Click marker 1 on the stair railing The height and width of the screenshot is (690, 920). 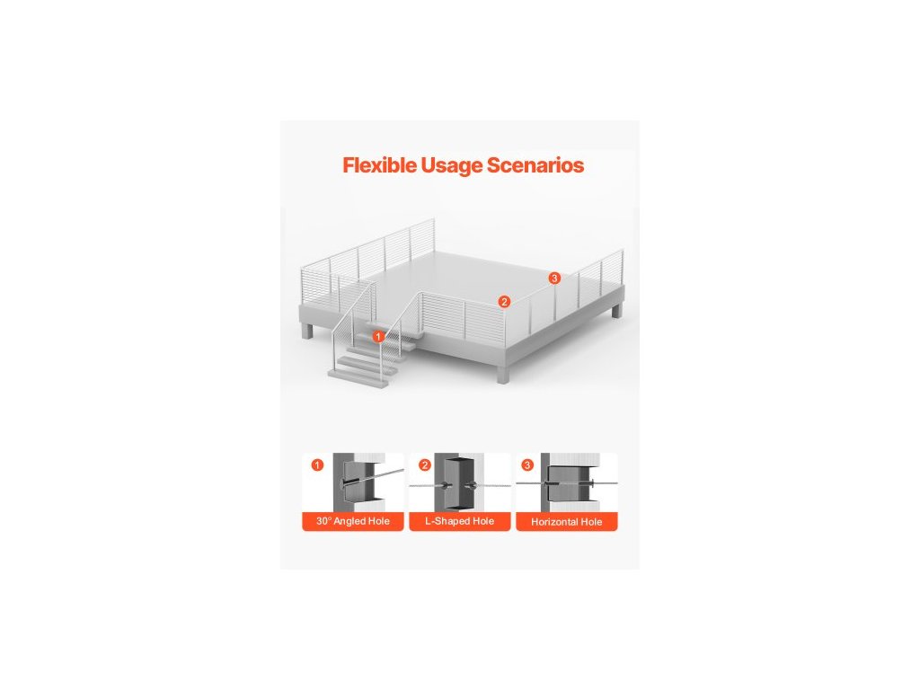click(378, 335)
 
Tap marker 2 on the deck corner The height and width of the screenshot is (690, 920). click(504, 302)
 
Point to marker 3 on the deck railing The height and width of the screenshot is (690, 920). click(554, 279)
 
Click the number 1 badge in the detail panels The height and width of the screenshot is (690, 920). click(316, 465)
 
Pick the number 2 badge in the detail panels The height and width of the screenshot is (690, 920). click(425, 465)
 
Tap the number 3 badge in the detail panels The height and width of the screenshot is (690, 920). click(527, 465)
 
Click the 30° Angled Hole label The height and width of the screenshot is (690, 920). click(352, 521)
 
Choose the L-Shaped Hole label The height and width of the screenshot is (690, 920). click(459, 521)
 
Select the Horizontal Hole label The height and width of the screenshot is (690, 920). click(566, 521)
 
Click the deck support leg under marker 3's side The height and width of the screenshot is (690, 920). click(616, 311)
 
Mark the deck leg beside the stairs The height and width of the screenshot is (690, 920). click(308, 330)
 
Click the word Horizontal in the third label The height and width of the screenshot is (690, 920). click(554, 521)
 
